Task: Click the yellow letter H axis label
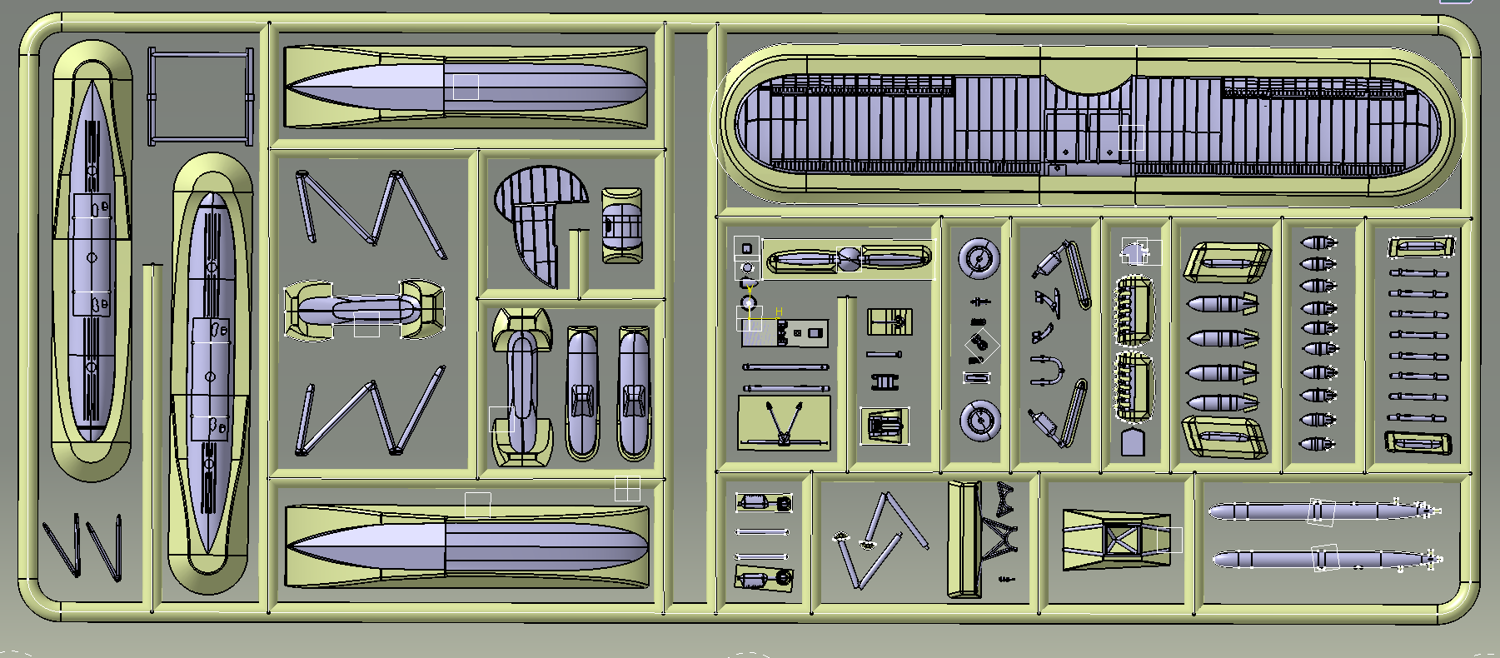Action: coord(779,312)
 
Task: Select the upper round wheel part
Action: coord(978,258)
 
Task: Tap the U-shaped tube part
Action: coord(1048,370)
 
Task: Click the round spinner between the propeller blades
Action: coord(848,260)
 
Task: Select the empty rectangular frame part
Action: coord(200,97)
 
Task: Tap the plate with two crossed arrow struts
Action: coord(784,421)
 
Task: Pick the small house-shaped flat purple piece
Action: coord(1132,442)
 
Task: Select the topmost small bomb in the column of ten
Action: coord(1318,243)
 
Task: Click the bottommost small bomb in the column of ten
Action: coord(1318,445)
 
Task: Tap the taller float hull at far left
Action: coord(92,258)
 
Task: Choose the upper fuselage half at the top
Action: coord(466,87)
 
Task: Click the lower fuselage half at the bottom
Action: coord(466,546)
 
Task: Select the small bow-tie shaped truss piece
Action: coord(1004,496)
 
